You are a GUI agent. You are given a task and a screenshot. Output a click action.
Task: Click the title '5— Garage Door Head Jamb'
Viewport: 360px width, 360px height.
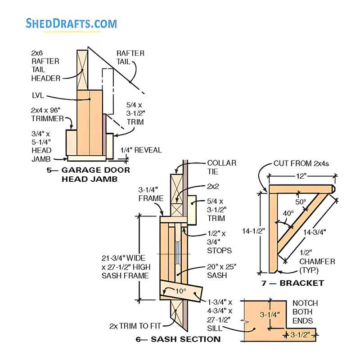[89, 174]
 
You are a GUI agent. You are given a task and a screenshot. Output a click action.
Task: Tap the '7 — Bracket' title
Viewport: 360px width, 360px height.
[293, 283]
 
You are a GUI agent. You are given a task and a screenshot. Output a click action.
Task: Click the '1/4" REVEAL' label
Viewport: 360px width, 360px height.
[141, 150]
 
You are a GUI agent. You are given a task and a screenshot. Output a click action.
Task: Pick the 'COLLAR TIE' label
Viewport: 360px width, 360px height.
[221, 168]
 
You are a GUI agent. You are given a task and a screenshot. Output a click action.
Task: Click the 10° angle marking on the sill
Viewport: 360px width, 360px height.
[180, 291]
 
